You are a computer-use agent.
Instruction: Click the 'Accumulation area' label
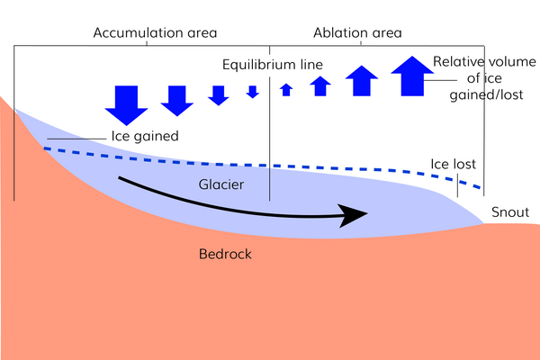click(155, 33)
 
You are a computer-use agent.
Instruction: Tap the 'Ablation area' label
click(357, 33)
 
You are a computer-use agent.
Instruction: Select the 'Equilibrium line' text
click(273, 65)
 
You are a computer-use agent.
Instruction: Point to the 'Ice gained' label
click(144, 137)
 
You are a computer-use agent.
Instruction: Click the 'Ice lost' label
click(452, 165)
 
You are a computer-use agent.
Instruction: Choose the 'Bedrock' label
click(225, 255)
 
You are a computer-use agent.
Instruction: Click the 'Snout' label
click(510, 213)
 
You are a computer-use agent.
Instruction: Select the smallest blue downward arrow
click(253, 92)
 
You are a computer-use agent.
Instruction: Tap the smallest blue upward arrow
click(286, 89)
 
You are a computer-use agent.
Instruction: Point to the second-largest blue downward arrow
click(177, 101)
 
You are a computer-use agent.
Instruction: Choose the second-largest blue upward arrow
click(362, 81)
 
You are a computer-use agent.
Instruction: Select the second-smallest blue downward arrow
click(218, 95)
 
